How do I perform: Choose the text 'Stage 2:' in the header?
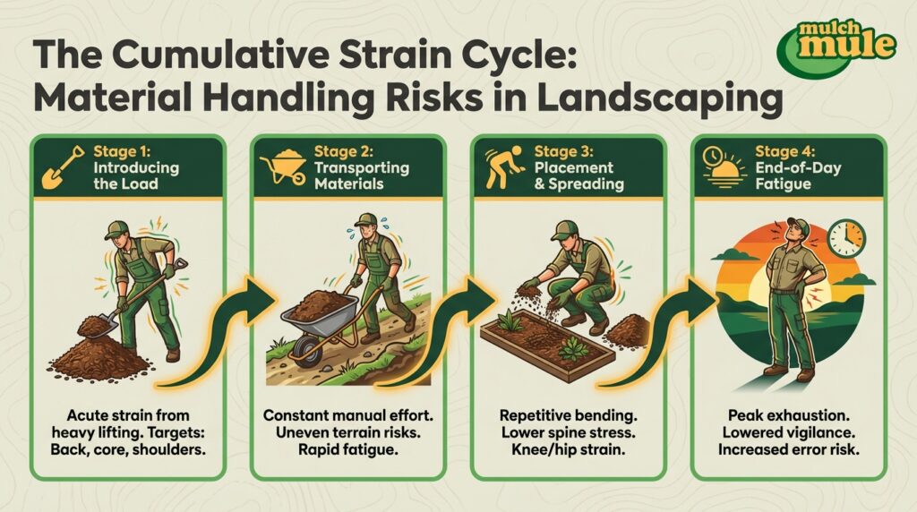point(344,152)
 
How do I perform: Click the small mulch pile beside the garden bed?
point(626,332)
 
